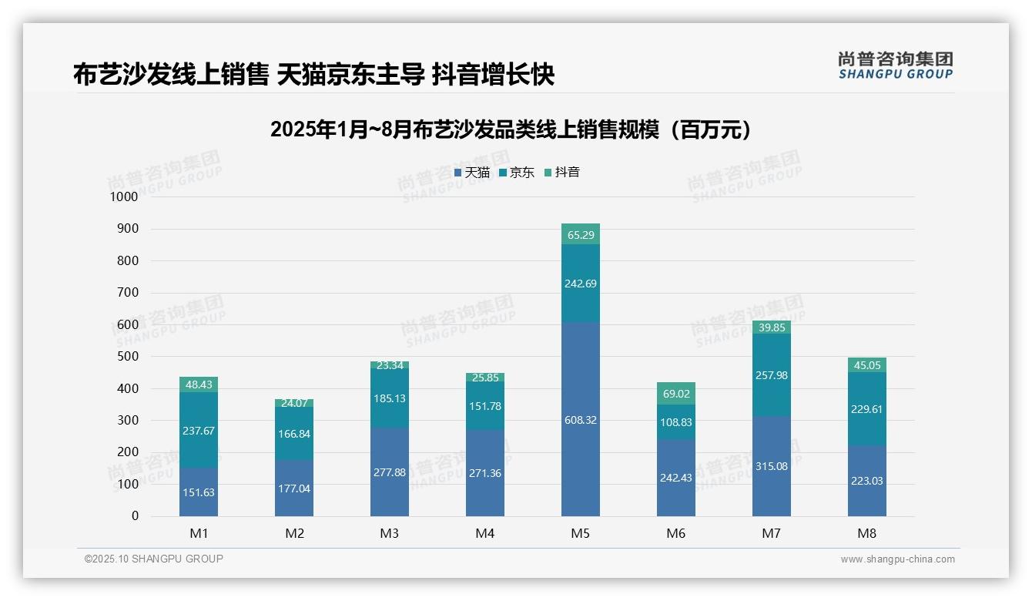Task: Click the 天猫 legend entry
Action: pyautogui.click(x=471, y=173)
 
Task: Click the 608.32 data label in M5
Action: pyautogui.click(x=581, y=420)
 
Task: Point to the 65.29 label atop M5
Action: pyautogui.click(x=581, y=235)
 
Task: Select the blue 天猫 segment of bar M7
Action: pyautogui.click(x=771, y=466)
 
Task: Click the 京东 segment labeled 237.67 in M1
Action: pyautogui.click(x=199, y=431)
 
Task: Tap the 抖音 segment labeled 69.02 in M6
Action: pyautogui.click(x=676, y=394)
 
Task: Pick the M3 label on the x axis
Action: pyautogui.click(x=390, y=534)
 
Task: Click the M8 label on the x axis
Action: pyautogui.click(x=866, y=534)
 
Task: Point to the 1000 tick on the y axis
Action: pyautogui.click(x=123, y=196)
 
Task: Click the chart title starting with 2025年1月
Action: pyautogui.click(x=511, y=129)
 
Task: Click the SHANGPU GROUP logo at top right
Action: pyautogui.click(x=895, y=65)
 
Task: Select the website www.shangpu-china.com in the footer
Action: pyautogui.click(x=897, y=559)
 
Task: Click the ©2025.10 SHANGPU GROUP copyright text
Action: pyautogui.click(x=154, y=559)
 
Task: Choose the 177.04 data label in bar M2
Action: pyautogui.click(x=294, y=489)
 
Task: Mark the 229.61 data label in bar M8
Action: pyautogui.click(x=866, y=409)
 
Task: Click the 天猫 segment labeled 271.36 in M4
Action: pyautogui.click(x=485, y=473)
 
